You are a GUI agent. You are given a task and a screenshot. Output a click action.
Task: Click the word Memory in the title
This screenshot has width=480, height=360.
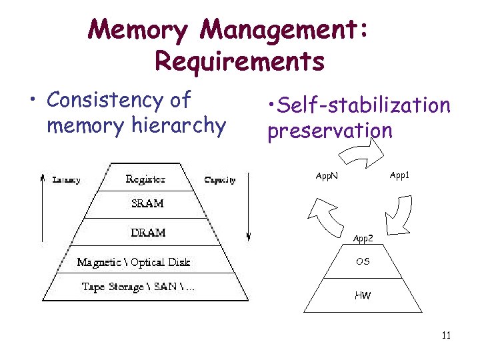coord(139,29)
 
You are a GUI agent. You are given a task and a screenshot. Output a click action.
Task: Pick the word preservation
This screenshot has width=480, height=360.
coord(330,131)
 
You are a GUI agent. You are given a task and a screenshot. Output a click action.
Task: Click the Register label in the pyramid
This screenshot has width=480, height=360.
coord(145,179)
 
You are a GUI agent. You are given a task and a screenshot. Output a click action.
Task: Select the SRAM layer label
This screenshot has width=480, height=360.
coord(147,203)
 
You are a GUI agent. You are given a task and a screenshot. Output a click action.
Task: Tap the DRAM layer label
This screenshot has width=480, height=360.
coord(148,233)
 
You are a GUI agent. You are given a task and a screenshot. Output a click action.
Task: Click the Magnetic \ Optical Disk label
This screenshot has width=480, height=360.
coord(133,262)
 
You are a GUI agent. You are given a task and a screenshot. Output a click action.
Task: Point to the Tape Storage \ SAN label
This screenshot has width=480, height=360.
coord(139,287)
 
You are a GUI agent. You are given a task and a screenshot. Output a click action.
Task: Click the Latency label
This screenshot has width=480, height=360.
coord(67,180)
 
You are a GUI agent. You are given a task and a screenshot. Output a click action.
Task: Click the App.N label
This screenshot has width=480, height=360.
coord(327,177)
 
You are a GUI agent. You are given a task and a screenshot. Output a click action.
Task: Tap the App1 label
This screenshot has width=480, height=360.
coord(400,175)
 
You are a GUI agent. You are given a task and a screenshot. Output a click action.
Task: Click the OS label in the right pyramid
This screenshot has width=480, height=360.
coord(363,261)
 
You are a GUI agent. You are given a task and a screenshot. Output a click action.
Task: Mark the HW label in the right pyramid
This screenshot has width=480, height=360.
coord(363,295)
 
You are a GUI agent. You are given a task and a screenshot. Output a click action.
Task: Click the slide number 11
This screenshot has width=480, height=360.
coord(446,335)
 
